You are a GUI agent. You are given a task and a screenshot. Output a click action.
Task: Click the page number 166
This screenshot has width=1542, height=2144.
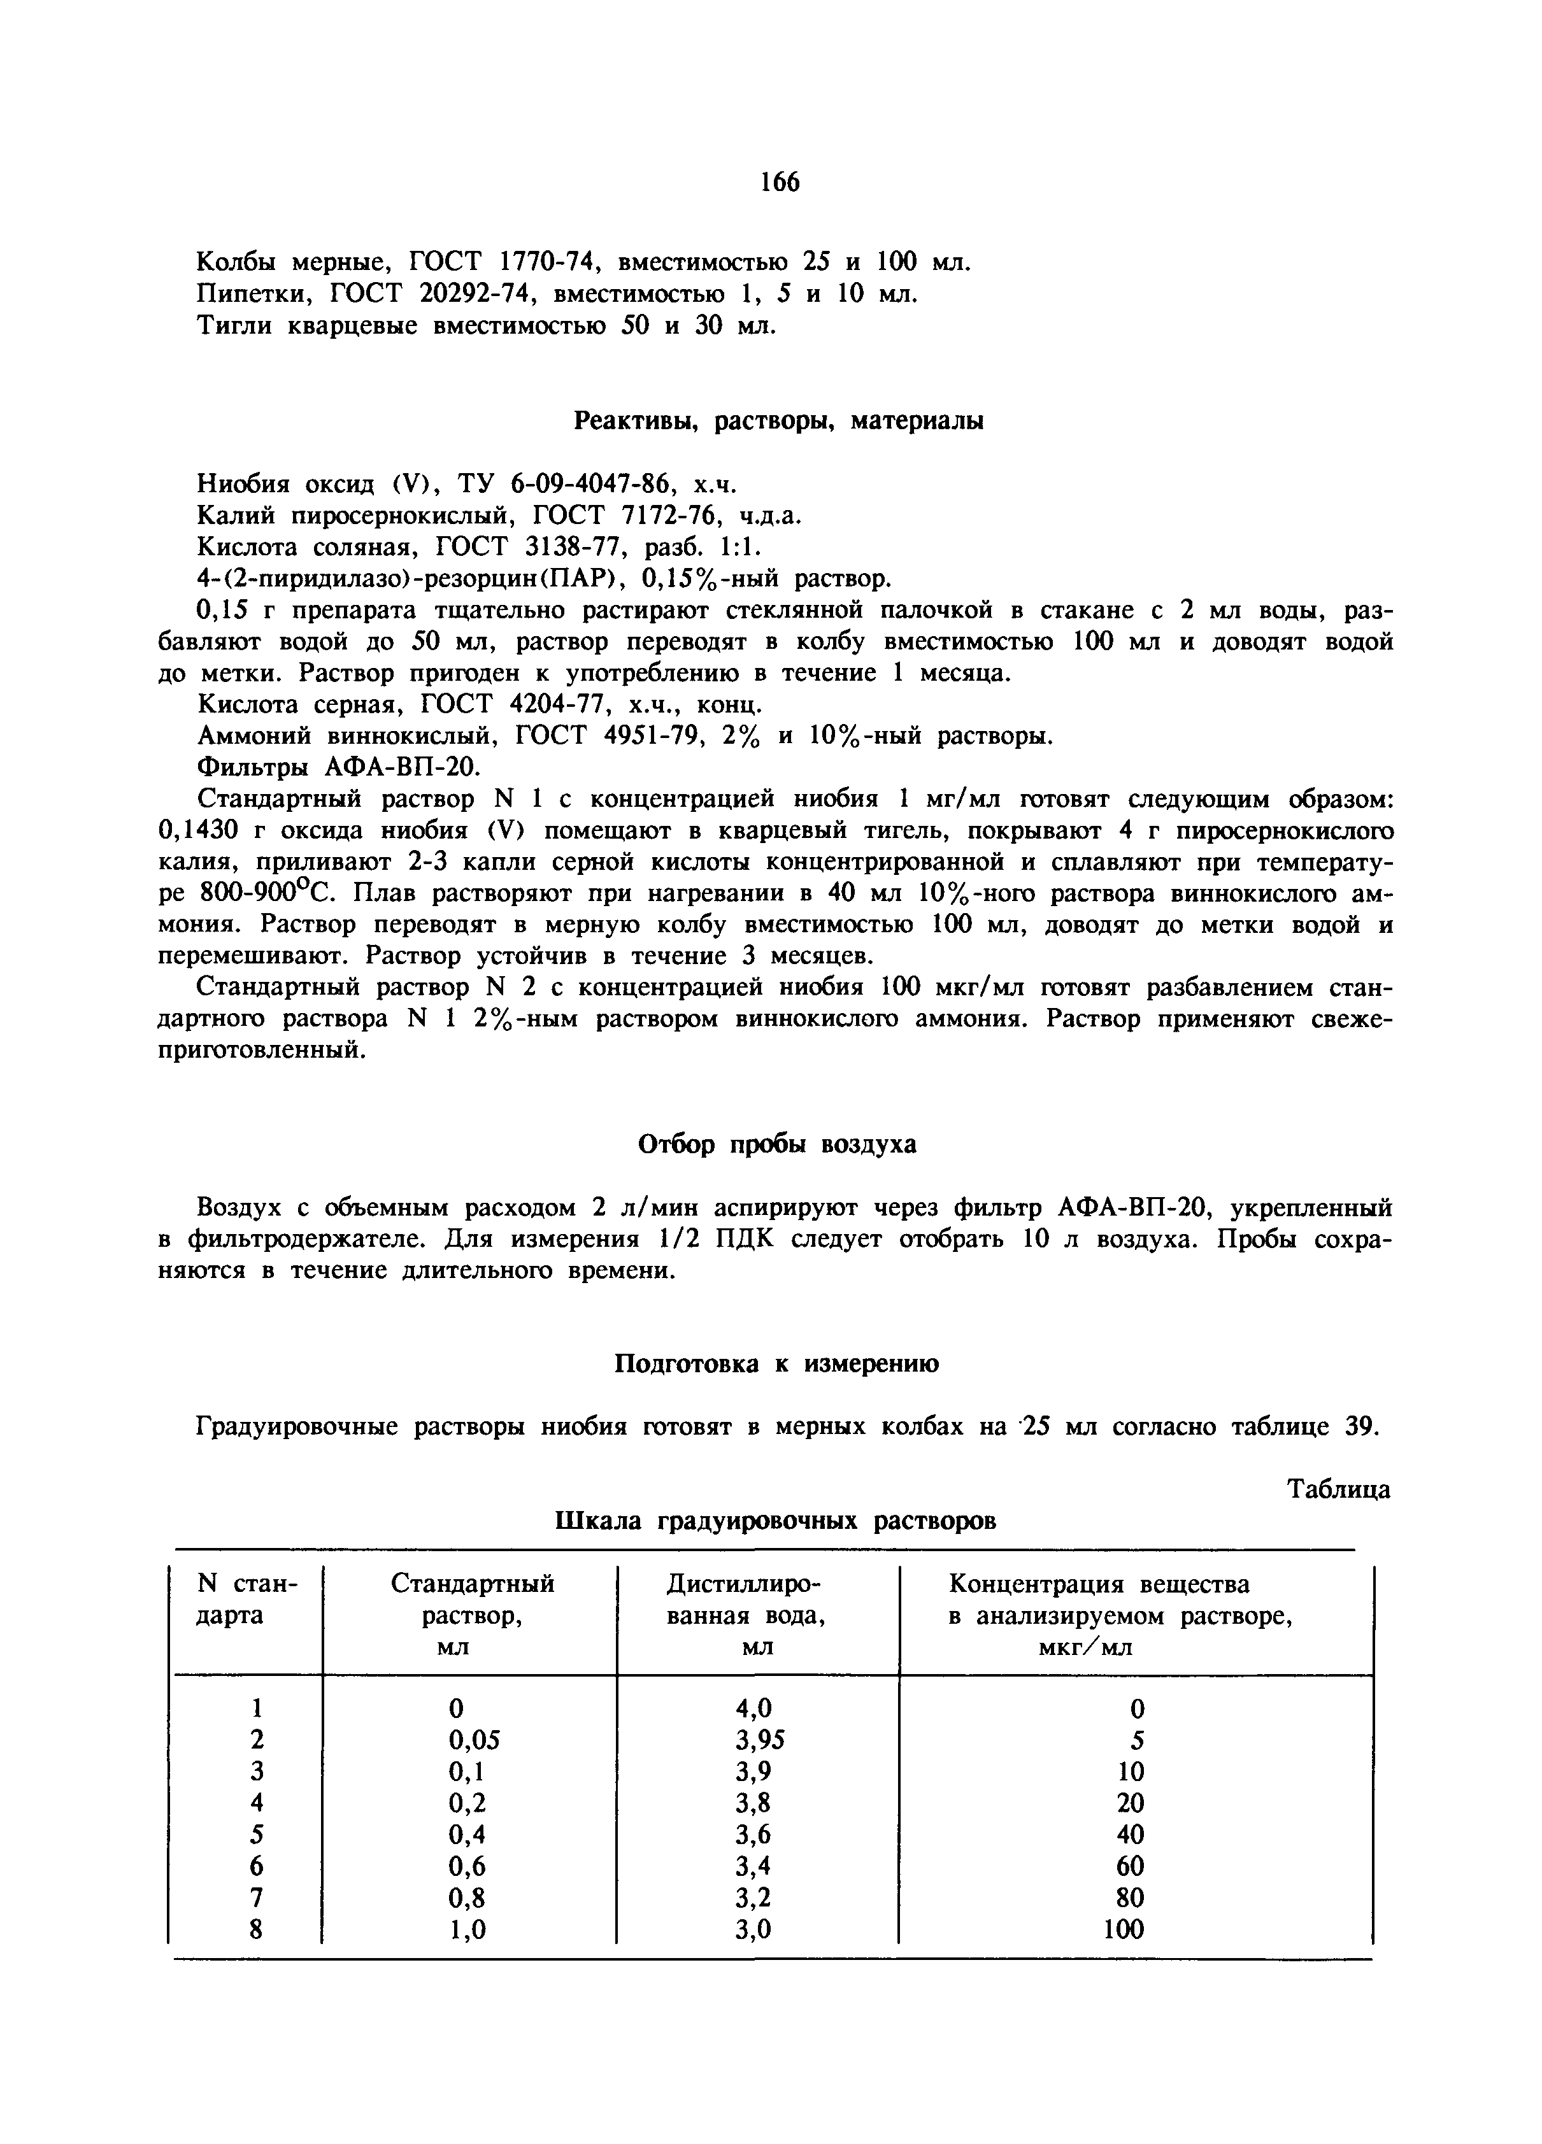(x=779, y=181)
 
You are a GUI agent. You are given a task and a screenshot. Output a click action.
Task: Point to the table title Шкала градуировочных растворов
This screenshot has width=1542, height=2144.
(x=775, y=1521)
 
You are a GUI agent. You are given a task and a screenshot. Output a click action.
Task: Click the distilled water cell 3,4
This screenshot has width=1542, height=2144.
(x=753, y=1866)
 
